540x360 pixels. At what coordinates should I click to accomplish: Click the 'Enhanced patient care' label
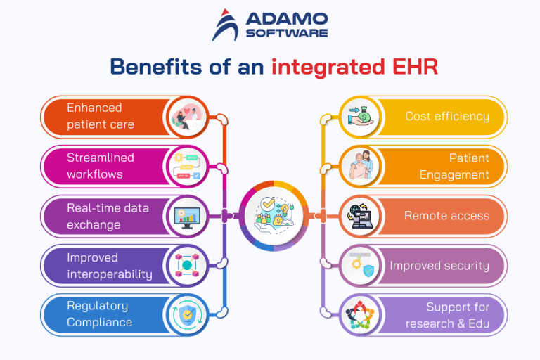coord(100,116)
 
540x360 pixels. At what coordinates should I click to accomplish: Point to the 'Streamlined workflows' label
coord(100,165)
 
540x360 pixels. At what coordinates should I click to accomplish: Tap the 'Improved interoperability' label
coord(109,265)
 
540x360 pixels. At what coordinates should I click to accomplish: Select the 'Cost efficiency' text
coord(446,116)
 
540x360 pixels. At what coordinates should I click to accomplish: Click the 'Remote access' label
coord(446,216)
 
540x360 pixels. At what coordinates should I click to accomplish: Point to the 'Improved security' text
coord(439,265)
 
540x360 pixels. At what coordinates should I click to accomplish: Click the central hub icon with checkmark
coord(270,214)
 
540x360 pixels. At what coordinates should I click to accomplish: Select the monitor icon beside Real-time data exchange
coord(188,216)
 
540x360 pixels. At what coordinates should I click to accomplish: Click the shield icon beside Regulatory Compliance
coord(188,314)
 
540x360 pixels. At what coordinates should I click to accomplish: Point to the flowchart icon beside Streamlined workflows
coord(188,167)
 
